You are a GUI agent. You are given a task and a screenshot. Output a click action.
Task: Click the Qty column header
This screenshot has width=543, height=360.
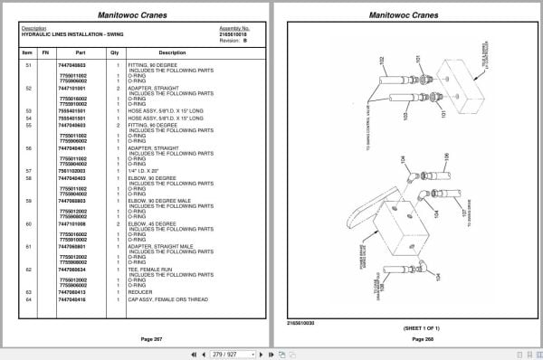[115, 52]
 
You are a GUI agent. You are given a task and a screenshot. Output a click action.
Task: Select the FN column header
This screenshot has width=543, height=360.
[44, 52]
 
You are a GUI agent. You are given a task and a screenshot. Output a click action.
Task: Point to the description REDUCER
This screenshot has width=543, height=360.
[140, 292]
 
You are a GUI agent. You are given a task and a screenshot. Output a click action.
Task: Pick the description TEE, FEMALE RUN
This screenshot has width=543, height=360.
[148, 270]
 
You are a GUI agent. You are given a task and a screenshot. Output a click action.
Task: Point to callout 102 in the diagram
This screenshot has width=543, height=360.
[383, 60]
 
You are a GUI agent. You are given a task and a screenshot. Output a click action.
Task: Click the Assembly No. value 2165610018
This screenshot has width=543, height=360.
[233, 33]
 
